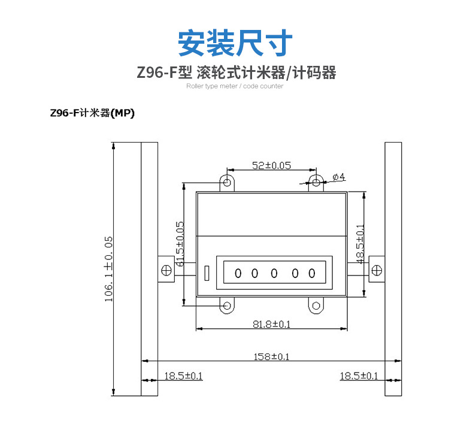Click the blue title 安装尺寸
235,43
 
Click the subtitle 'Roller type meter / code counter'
235,86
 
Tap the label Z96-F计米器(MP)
92,113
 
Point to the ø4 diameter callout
338,177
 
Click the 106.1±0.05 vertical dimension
109,268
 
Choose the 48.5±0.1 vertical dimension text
360,244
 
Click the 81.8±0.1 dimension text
271,324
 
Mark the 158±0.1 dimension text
271,356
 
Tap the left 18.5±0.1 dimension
184,376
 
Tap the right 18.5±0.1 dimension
359,376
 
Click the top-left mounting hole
227,181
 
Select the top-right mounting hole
316,182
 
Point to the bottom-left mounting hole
227,306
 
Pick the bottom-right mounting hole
316,306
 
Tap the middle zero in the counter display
274,274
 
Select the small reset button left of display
206,274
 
